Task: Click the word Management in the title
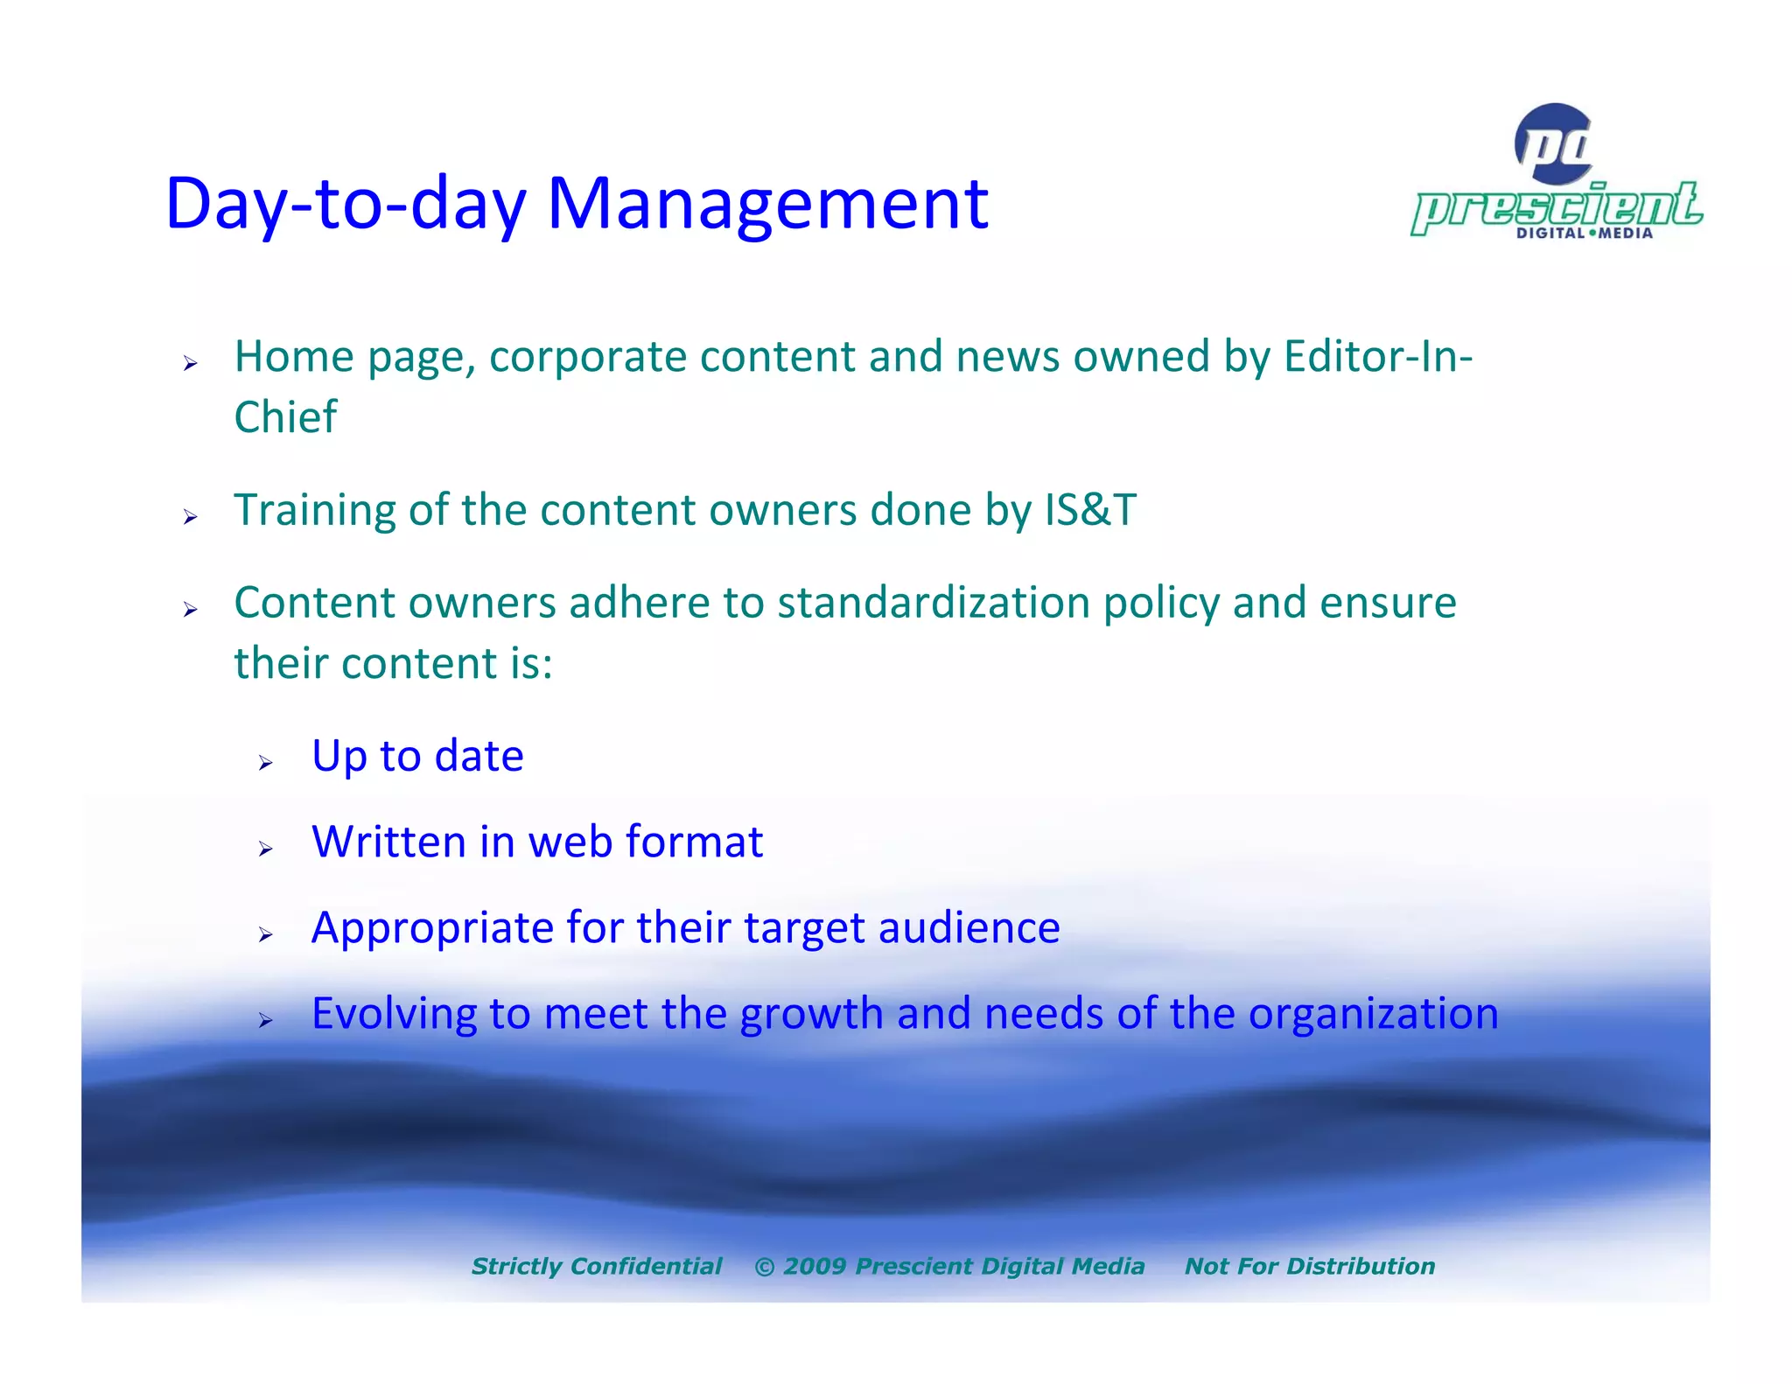click(x=767, y=205)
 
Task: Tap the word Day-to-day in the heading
click(x=346, y=205)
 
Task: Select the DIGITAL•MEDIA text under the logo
click(x=1584, y=234)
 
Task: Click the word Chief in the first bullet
click(x=285, y=417)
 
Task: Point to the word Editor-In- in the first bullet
click(x=1378, y=357)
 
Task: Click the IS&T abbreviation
click(x=1090, y=510)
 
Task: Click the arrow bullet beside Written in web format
click(x=266, y=849)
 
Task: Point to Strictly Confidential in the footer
click(x=597, y=1266)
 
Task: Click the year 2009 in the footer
click(x=814, y=1266)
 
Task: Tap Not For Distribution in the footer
click(x=1309, y=1266)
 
